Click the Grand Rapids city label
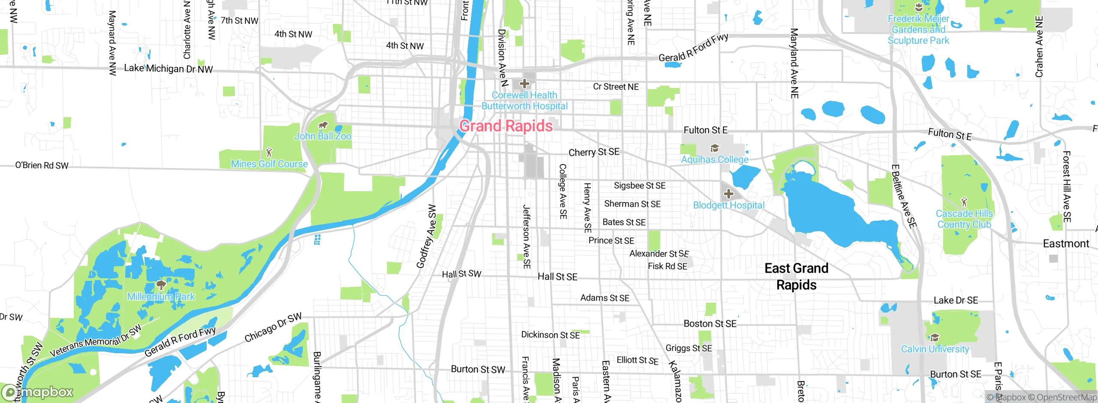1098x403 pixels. pyautogui.click(x=506, y=126)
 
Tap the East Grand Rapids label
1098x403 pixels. pyautogui.click(x=796, y=277)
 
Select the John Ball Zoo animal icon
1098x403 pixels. pyautogui.click(x=323, y=125)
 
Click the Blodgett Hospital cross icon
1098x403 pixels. pyautogui.click(x=728, y=194)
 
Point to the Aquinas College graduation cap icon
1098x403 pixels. pyautogui.click(x=715, y=148)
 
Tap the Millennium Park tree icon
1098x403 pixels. pyautogui.click(x=161, y=285)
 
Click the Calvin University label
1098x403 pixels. pyautogui.click(x=935, y=349)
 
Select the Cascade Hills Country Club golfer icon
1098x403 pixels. pyautogui.click(x=964, y=201)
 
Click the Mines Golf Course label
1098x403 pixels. pyautogui.click(x=269, y=164)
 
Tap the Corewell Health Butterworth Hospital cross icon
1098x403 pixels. pyautogui.click(x=524, y=84)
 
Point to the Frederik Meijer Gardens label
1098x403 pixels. pyautogui.click(x=918, y=30)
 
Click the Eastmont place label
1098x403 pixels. pyautogui.click(x=1066, y=244)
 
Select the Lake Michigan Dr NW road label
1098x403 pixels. pyautogui.click(x=168, y=69)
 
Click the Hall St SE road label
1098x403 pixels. pyautogui.click(x=558, y=277)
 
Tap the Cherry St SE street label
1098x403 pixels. pyautogui.click(x=594, y=152)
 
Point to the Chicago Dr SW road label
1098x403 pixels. pyautogui.click(x=273, y=328)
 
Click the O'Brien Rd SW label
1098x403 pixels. pyautogui.click(x=42, y=165)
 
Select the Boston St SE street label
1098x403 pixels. pyautogui.click(x=710, y=324)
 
